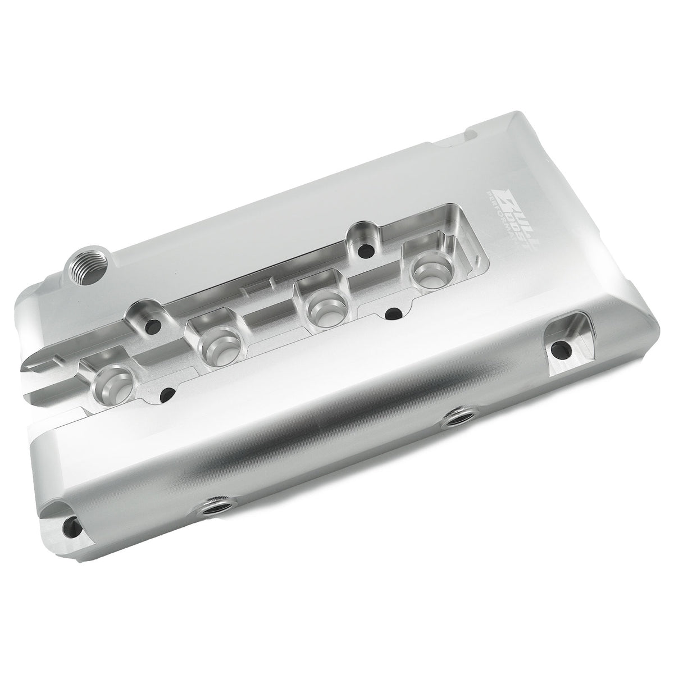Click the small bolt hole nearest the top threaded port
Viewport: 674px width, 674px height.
[152, 324]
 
